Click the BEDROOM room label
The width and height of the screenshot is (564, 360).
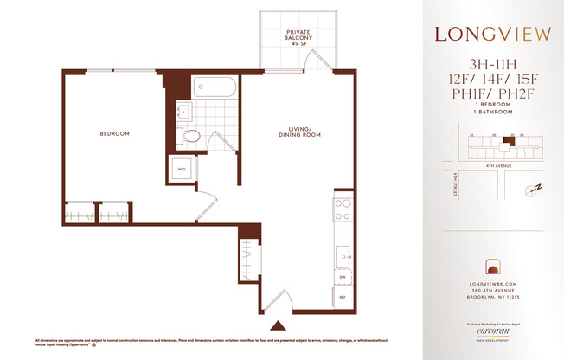point(114,133)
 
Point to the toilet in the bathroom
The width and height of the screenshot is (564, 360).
point(193,135)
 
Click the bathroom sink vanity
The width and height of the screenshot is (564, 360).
point(183,111)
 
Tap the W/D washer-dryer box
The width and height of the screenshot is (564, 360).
point(182,170)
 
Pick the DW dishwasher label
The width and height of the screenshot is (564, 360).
point(343,278)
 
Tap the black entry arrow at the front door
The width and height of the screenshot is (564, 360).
point(278,326)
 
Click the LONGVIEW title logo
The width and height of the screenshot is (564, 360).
point(494,35)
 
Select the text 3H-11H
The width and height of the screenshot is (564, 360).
point(494,63)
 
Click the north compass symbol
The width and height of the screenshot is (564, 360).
point(532,189)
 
